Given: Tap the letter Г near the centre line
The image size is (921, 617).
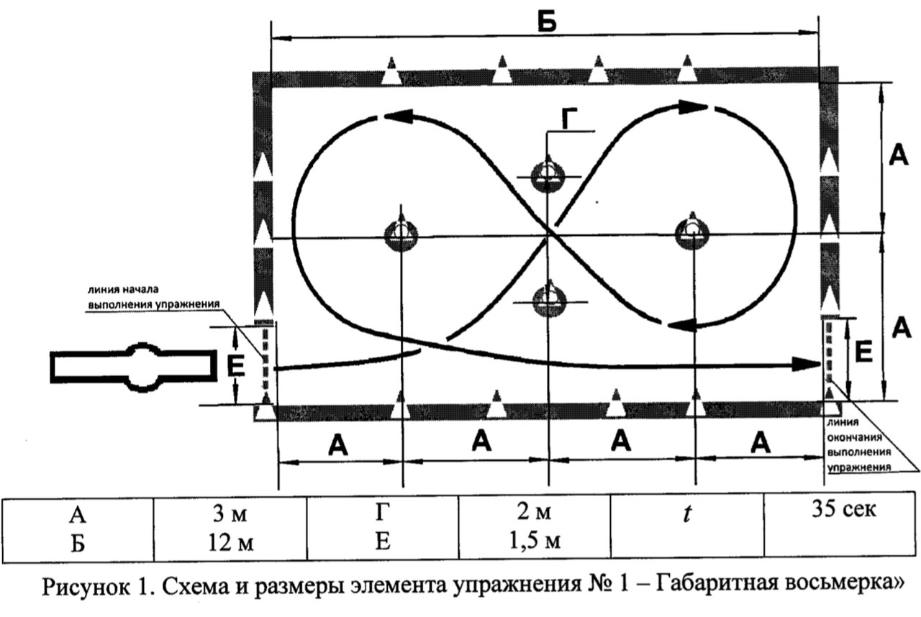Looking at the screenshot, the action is tap(568, 119).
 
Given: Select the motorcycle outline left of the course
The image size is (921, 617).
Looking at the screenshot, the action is tap(134, 366).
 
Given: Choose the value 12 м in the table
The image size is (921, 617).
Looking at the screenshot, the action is tap(231, 543).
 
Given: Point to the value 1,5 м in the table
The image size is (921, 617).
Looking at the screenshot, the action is tap(535, 541).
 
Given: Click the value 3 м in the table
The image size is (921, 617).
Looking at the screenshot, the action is tap(230, 513).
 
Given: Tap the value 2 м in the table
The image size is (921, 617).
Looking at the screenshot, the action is tap(534, 512).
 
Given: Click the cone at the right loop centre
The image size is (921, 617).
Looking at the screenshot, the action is tap(692, 232).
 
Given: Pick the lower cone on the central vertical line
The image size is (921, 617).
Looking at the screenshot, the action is tap(549, 300).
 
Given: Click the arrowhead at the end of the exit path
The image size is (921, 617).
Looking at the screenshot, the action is tap(807, 364).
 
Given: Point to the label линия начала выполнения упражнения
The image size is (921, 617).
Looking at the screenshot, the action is tap(154, 297).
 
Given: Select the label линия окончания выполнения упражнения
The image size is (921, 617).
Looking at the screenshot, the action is tap(859, 445).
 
